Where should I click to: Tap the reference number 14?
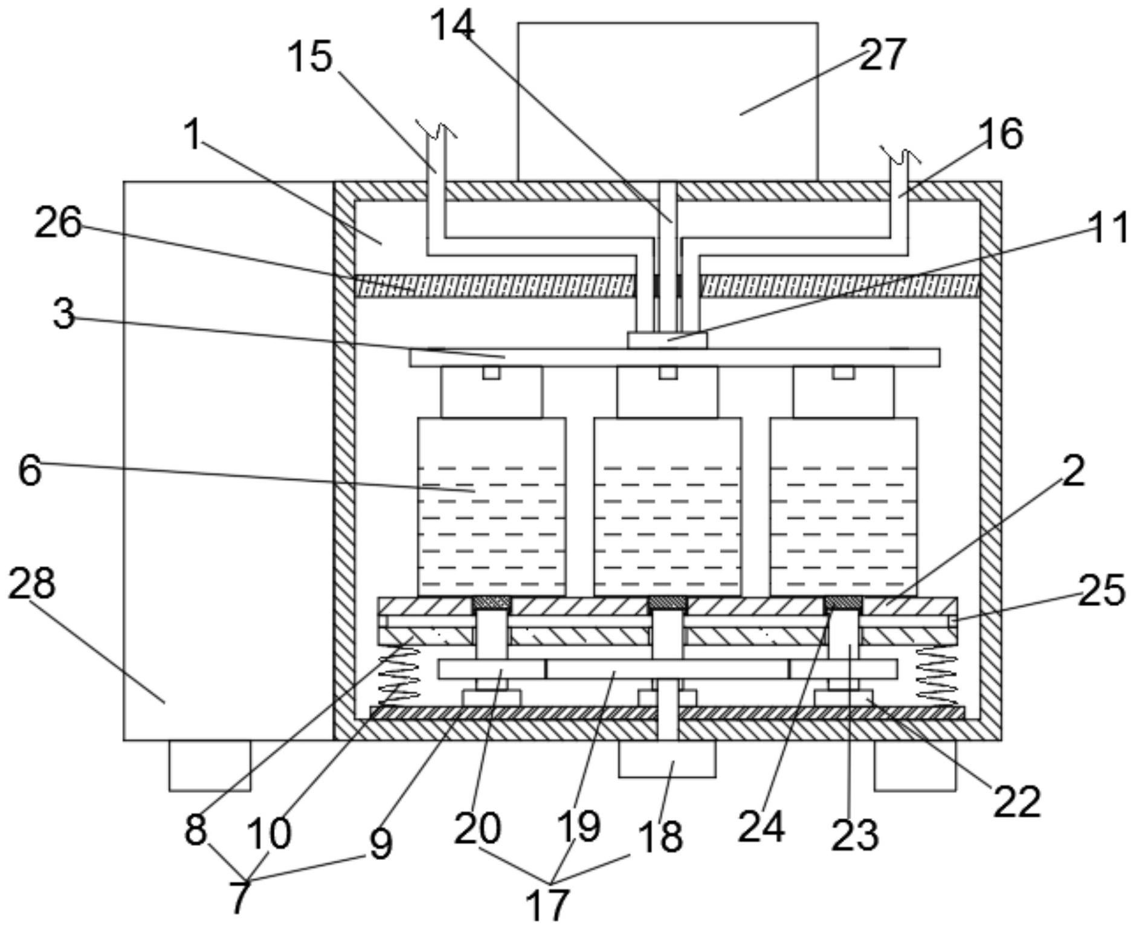coord(453,27)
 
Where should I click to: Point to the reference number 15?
coord(310,57)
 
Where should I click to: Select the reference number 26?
coord(58,223)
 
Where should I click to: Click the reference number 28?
coord(31,583)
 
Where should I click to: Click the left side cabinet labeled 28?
coord(228,459)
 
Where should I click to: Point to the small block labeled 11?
coord(667,340)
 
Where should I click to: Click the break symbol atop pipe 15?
coord(436,128)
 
